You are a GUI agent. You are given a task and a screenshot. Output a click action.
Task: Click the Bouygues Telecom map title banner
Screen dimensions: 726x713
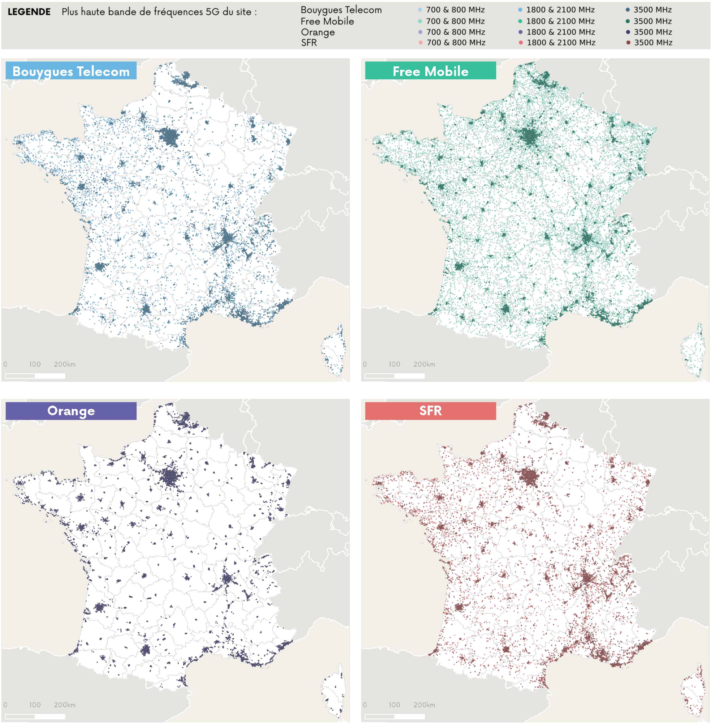[x=71, y=71]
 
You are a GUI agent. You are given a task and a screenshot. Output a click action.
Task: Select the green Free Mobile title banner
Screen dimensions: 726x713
[x=430, y=71]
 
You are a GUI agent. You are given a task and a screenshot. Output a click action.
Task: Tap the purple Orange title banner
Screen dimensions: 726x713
[x=71, y=411]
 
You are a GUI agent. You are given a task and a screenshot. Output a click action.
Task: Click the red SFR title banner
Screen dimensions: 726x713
[x=430, y=411]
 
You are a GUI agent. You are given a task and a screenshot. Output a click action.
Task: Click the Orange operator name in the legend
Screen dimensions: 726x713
[x=318, y=32]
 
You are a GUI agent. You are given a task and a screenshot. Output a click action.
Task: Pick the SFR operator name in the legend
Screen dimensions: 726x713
[x=309, y=43]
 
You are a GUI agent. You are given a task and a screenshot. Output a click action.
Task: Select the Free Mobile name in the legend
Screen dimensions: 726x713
[x=327, y=21]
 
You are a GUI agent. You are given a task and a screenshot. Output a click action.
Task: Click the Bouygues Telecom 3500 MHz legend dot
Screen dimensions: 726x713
[x=628, y=10]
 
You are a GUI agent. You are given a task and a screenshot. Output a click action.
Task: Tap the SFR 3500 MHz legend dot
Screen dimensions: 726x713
[x=628, y=43]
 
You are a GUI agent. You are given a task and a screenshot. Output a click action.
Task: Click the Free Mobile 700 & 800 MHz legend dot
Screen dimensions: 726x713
[x=420, y=21]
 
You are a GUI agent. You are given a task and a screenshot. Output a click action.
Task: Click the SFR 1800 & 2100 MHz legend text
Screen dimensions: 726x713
[x=560, y=43]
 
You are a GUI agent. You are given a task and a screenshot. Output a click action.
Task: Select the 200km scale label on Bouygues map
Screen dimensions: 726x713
[x=64, y=364]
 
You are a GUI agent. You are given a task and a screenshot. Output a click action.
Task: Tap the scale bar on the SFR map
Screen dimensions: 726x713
[x=394, y=716]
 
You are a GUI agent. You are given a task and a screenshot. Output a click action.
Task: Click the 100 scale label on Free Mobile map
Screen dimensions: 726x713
[x=394, y=364]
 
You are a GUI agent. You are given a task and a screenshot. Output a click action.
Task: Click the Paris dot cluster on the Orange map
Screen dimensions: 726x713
[x=171, y=477]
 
